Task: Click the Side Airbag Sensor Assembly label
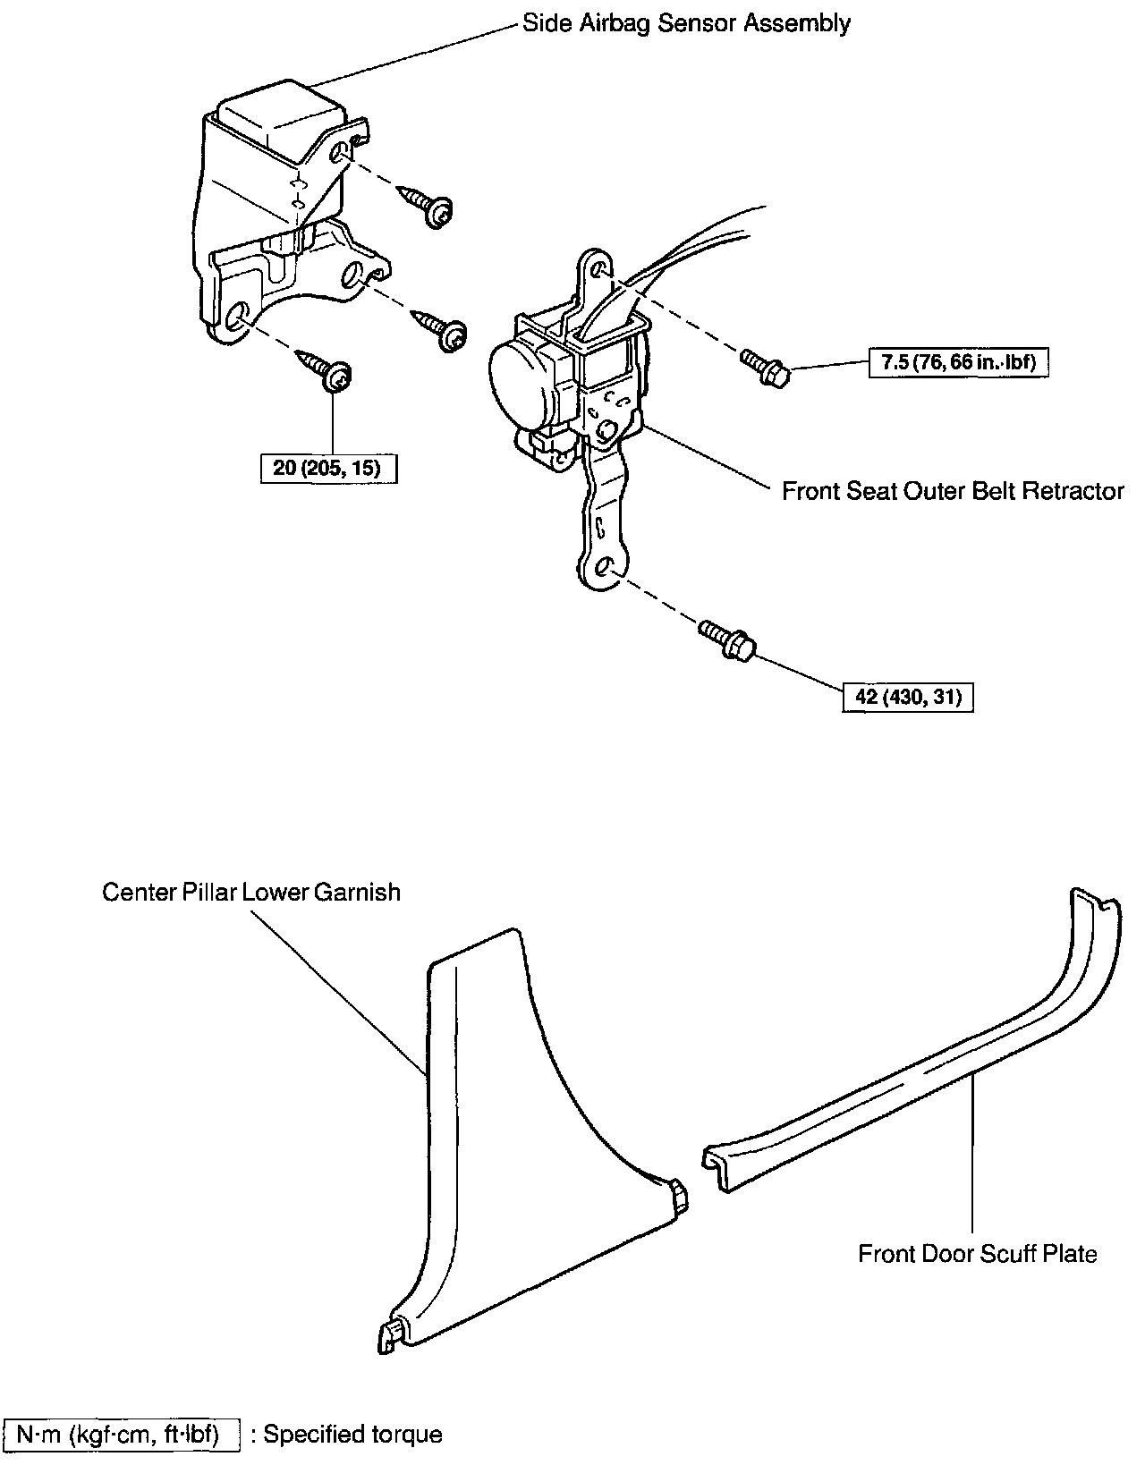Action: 686,23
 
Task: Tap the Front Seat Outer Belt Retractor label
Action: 953,491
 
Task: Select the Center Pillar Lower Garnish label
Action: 251,893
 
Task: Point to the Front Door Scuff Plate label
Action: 977,1253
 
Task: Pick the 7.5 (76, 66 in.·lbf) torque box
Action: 958,363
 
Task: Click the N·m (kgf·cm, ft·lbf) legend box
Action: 123,1435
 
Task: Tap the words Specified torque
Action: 353,1435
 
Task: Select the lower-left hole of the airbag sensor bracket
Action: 237,318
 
